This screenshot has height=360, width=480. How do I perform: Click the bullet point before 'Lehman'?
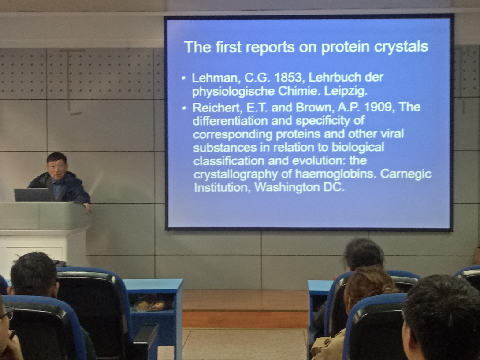tap(184, 78)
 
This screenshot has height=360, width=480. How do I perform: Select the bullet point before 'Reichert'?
tap(184, 108)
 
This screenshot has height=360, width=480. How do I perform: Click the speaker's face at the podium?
tap(56, 169)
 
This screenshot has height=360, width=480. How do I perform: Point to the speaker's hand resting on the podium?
tap(87, 207)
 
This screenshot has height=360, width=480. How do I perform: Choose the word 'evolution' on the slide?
tap(319, 160)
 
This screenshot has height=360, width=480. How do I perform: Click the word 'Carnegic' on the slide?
tap(406, 174)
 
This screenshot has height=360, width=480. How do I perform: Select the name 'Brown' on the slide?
tap(314, 108)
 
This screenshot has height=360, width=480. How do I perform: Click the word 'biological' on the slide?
tap(358, 148)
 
